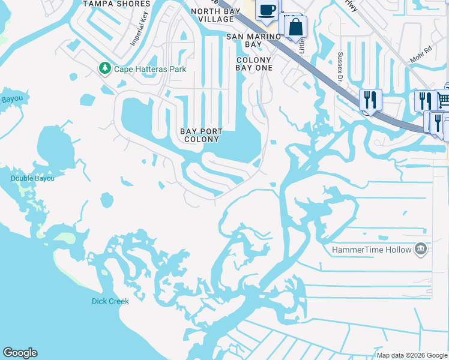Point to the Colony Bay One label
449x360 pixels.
click(255, 64)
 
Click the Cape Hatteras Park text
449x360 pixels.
click(151, 69)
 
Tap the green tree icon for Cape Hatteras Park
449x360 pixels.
click(105, 68)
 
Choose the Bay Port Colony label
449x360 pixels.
click(202, 135)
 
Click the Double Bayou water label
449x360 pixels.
click(32, 178)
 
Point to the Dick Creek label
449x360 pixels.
click(110, 301)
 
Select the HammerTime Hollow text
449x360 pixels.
click(372, 250)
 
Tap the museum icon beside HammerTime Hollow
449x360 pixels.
click(421, 249)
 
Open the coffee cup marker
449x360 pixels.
click(267, 10)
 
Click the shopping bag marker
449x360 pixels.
click(296, 27)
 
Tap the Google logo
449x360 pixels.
click(20, 353)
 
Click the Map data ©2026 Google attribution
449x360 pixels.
click(412, 355)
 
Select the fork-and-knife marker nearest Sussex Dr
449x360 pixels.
click(370, 100)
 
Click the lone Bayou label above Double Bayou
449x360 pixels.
click(12, 99)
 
